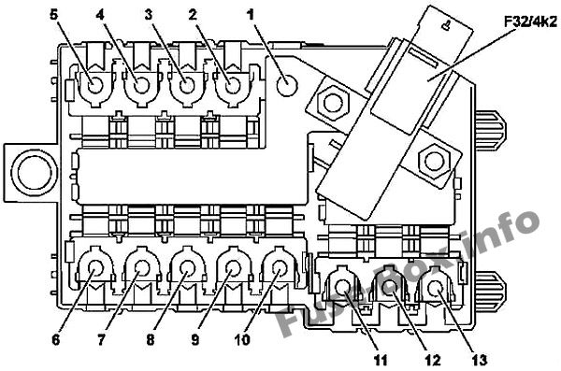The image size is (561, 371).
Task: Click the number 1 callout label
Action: click(x=251, y=15)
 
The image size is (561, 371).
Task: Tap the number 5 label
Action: click(x=53, y=15)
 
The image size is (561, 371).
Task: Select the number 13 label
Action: click(x=479, y=360)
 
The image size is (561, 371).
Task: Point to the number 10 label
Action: click(x=242, y=339)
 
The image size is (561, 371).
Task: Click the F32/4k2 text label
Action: click(x=530, y=22)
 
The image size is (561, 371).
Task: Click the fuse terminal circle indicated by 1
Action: click(x=287, y=86)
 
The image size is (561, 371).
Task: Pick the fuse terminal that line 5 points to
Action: click(x=95, y=86)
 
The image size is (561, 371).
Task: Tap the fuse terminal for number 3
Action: click(x=186, y=86)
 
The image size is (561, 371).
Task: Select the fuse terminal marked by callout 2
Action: click(x=232, y=86)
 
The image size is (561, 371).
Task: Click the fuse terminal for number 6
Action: click(x=95, y=268)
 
